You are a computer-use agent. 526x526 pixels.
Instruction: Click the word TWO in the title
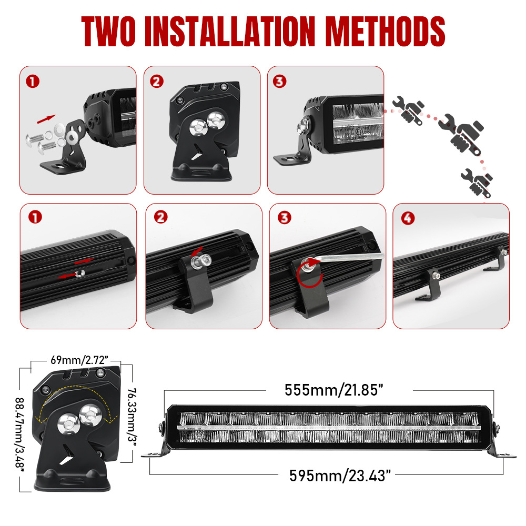(x=108, y=31)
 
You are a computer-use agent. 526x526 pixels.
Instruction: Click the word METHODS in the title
(x=385, y=31)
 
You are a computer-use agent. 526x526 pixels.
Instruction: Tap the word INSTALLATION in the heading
(x=230, y=31)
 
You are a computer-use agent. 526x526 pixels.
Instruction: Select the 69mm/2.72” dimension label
(x=79, y=360)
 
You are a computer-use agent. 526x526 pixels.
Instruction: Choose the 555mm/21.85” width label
(x=334, y=390)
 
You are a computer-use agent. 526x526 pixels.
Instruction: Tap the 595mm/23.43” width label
(x=340, y=476)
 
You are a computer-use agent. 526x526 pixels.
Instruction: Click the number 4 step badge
(x=408, y=218)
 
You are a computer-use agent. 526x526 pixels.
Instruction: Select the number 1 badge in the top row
(x=33, y=82)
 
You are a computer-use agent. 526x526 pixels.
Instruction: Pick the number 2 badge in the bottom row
(x=160, y=217)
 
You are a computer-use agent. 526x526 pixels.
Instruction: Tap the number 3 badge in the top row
(x=280, y=81)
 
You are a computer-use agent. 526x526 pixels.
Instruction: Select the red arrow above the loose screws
(x=46, y=119)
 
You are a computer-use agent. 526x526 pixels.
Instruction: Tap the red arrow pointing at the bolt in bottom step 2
(x=197, y=251)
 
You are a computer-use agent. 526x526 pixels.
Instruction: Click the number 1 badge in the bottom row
(x=35, y=217)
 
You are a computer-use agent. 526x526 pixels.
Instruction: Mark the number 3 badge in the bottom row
(x=285, y=218)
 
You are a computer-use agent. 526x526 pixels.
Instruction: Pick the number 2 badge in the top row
(x=157, y=82)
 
